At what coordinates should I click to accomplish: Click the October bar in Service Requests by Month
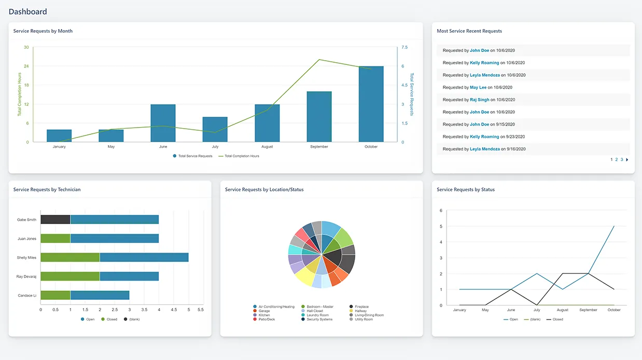pyautogui.click(x=371, y=104)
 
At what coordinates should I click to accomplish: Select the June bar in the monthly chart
pyautogui.click(x=163, y=123)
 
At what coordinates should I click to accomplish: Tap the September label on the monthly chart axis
pyautogui.click(x=319, y=147)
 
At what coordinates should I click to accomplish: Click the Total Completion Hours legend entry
pyautogui.click(x=242, y=156)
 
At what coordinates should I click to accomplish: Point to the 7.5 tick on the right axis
pyautogui.click(x=404, y=47)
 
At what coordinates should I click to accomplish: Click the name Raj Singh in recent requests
pyautogui.click(x=480, y=100)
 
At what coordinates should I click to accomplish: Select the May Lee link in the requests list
pyautogui.click(x=478, y=88)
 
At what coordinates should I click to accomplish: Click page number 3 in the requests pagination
pyautogui.click(x=622, y=160)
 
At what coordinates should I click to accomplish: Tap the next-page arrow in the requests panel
pyautogui.click(x=627, y=160)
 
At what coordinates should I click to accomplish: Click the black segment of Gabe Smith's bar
pyautogui.click(x=55, y=219)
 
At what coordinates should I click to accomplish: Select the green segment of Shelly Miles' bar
pyautogui.click(x=70, y=257)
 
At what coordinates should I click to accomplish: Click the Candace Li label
pyautogui.click(x=27, y=295)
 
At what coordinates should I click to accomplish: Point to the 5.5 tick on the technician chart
pyautogui.click(x=201, y=310)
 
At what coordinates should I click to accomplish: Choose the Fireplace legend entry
pyautogui.click(x=362, y=307)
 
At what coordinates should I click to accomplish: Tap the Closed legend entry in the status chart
pyautogui.click(x=557, y=320)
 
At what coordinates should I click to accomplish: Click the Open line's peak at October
pyautogui.click(x=614, y=226)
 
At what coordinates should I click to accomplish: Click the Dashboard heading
pyautogui.click(x=28, y=11)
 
